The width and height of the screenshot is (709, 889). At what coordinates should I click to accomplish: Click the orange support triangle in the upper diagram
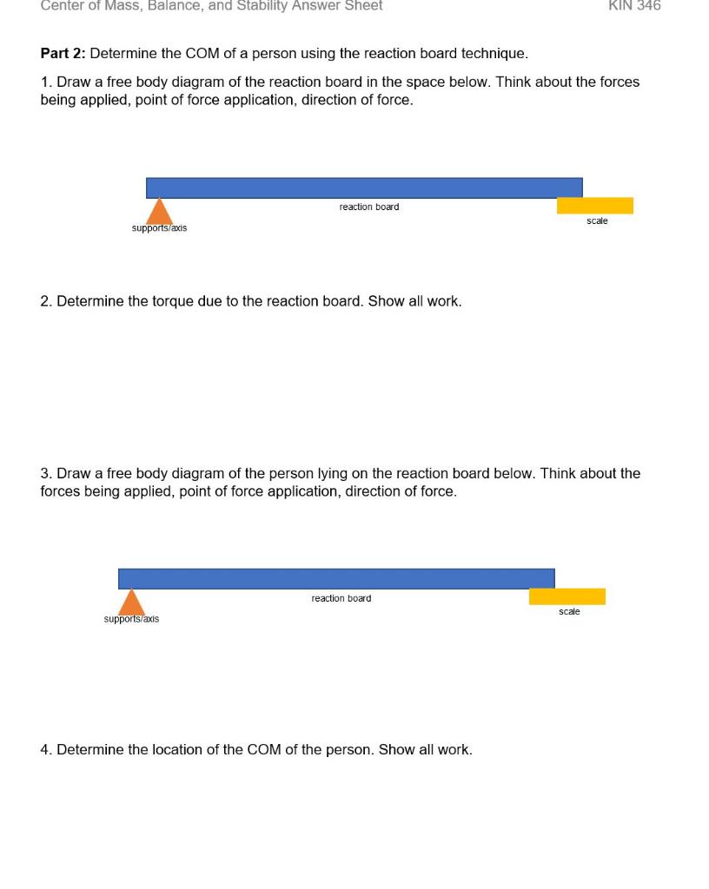click(x=158, y=213)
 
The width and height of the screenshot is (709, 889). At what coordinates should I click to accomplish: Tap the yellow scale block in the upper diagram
click(x=595, y=206)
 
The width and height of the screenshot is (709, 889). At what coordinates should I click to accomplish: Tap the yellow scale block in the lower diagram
click(x=567, y=596)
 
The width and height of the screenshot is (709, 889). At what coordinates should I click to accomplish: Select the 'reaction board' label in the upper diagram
click(x=369, y=207)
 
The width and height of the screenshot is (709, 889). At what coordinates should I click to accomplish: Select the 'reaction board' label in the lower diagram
click(x=341, y=598)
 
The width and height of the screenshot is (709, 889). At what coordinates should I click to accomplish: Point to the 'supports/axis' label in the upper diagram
click(x=159, y=228)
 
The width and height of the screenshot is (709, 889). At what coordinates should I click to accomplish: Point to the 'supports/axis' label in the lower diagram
click(x=131, y=619)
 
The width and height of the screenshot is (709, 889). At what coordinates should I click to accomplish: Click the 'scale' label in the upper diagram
click(x=597, y=221)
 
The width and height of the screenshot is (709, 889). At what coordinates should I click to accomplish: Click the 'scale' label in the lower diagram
click(x=569, y=612)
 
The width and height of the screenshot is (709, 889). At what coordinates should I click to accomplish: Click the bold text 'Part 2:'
click(x=63, y=54)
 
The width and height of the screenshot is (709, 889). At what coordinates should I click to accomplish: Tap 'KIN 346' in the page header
click(x=634, y=6)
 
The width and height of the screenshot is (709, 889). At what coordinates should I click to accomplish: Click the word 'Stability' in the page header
click(x=265, y=6)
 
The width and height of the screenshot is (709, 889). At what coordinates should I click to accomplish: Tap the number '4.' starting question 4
click(x=46, y=749)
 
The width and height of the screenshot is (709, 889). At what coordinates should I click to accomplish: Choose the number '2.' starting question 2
click(x=46, y=301)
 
